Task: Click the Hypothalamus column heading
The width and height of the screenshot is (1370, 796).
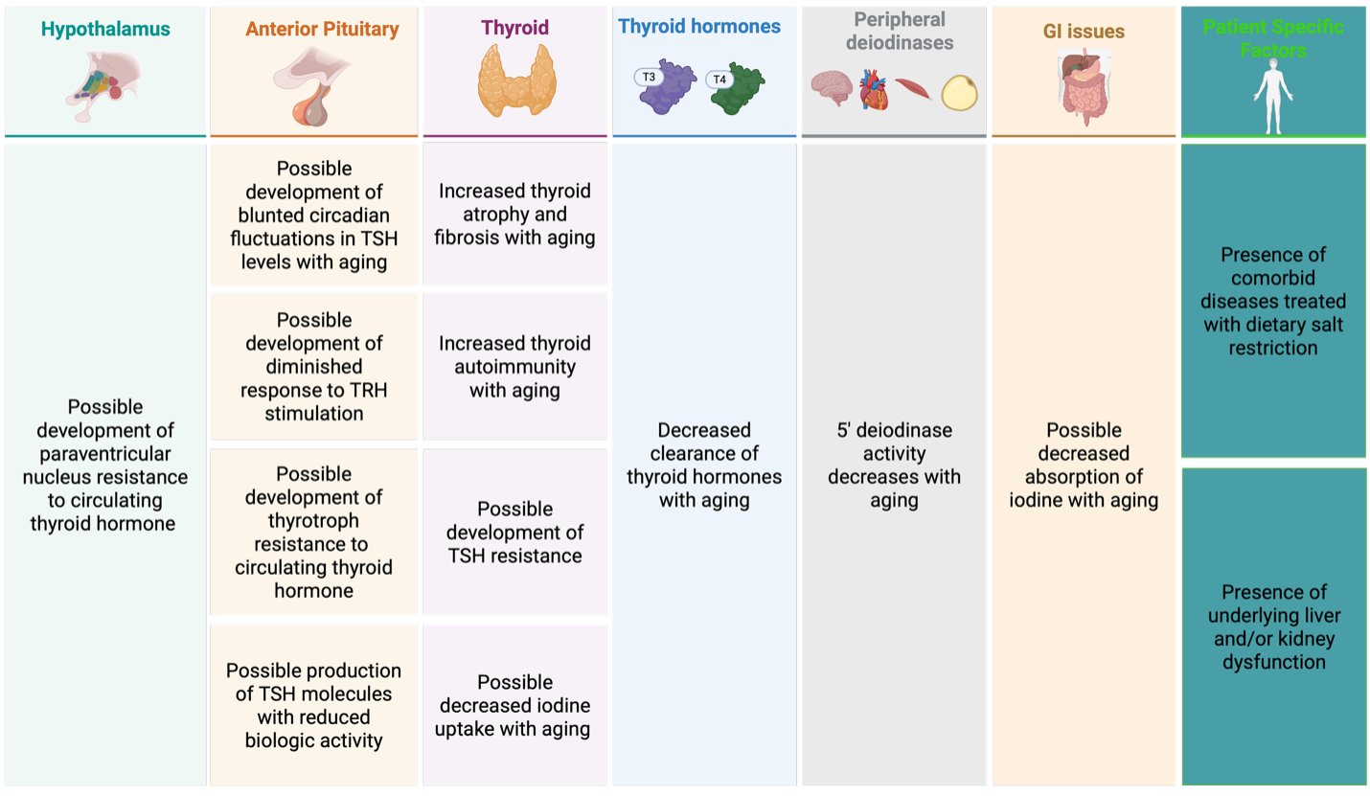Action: point(105,30)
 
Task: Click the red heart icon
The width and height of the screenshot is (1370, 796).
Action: point(873,89)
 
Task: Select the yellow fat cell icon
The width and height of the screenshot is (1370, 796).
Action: point(959,93)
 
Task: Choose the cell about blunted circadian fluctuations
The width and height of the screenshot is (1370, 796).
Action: point(314,216)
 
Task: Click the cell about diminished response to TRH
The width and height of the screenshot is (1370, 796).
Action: point(314,367)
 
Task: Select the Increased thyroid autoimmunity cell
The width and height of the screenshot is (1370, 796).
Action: point(515,367)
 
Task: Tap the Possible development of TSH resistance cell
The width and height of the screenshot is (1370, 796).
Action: point(515,532)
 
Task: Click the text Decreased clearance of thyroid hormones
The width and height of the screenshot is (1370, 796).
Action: point(704,465)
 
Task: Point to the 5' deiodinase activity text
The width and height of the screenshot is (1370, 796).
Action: point(894,465)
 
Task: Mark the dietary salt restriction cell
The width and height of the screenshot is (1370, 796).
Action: point(1273,302)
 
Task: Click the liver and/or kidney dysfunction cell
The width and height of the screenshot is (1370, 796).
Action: point(1273,626)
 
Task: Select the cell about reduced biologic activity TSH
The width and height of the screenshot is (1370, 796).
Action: point(314,705)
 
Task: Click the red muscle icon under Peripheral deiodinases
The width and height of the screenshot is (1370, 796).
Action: point(912,89)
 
